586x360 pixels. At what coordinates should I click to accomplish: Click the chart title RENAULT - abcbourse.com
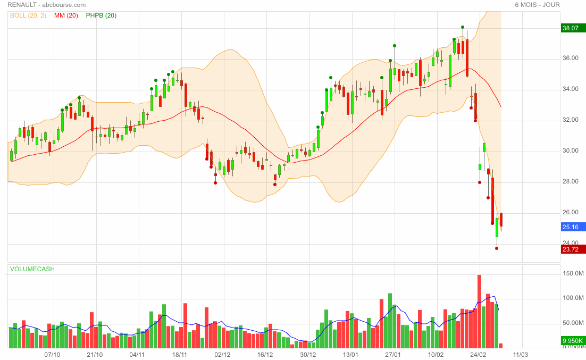click(47, 5)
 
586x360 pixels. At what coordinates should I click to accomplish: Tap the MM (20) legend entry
click(66, 15)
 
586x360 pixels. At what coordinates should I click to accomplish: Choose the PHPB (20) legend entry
click(101, 15)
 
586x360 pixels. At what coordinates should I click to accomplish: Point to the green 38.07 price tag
click(573, 29)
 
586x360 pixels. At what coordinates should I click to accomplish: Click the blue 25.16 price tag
click(573, 227)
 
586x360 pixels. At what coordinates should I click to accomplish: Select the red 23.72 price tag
click(573, 249)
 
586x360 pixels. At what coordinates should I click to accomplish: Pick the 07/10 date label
click(52, 354)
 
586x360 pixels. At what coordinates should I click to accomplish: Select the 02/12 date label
click(222, 354)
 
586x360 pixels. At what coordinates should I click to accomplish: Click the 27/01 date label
click(392, 354)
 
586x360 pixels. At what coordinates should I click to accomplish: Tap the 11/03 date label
click(521, 354)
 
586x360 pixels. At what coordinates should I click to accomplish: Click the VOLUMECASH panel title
click(32, 269)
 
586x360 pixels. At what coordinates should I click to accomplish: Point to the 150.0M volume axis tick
click(574, 273)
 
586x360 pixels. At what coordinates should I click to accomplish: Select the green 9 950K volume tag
click(573, 341)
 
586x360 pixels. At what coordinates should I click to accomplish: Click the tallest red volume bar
click(479, 312)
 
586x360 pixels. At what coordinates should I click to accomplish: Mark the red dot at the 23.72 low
click(497, 248)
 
